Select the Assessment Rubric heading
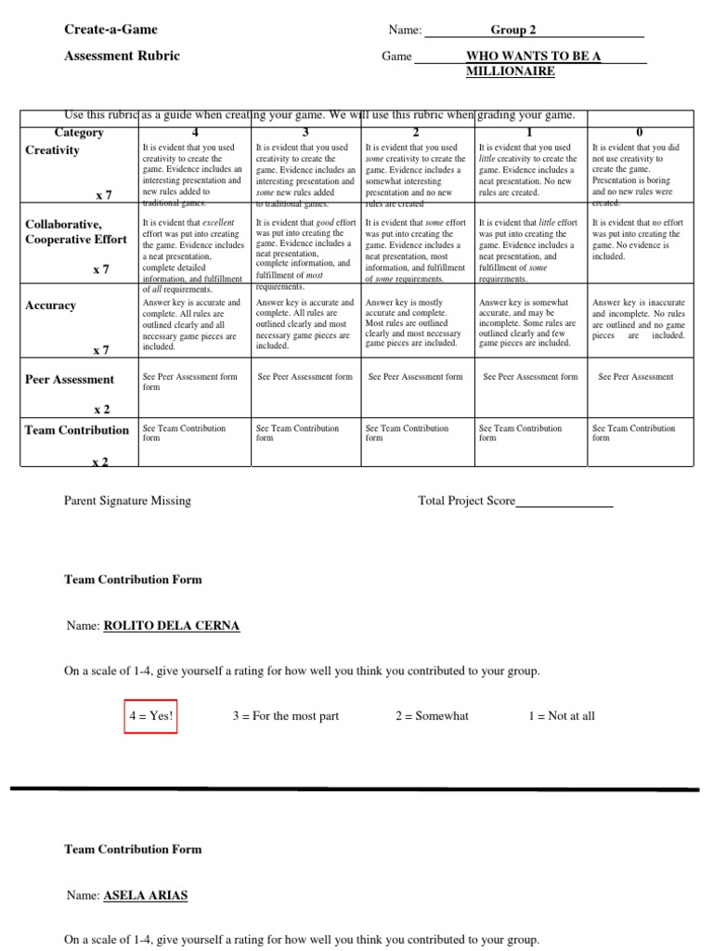click(122, 56)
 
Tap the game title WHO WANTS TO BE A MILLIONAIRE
click(532, 63)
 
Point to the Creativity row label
click(52, 150)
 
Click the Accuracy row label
click(50, 306)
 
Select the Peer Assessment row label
click(70, 379)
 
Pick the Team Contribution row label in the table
click(77, 430)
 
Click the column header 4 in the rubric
click(194, 133)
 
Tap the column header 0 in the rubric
click(640, 133)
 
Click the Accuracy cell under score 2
click(416, 322)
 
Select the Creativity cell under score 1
click(530, 171)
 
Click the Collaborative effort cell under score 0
click(640, 240)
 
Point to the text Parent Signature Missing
click(127, 501)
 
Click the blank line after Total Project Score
click(564, 502)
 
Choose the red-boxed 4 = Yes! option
click(150, 716)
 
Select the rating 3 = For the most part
click(285, 716)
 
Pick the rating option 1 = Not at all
click(561, 716)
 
